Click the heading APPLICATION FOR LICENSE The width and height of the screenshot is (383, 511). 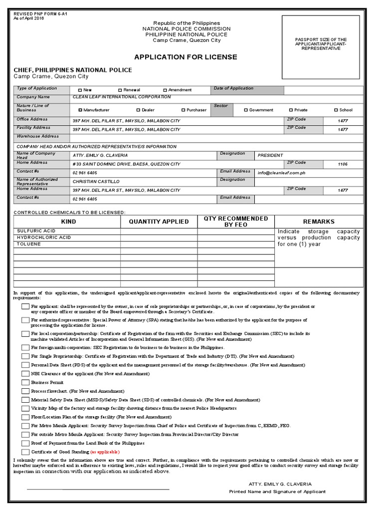tap(186, 57)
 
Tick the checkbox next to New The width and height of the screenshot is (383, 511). tap(80, 90)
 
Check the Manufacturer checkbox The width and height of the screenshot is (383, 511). tap(80, 110)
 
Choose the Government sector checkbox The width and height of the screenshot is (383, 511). tap(246, 110)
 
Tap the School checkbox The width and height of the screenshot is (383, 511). tap(336, 110)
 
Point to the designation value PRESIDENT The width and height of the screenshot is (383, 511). tap(270, 155)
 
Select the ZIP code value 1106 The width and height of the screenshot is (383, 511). tap(343, 164)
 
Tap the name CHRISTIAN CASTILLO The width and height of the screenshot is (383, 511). tap(96, 182)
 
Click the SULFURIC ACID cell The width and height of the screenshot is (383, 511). tap(36, 231)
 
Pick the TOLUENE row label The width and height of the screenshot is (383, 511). tap(29, 245)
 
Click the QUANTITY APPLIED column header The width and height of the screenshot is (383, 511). tap(159, 222)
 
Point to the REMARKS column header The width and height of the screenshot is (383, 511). tap(319, 222)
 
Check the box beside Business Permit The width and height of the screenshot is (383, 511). tap(25, 382)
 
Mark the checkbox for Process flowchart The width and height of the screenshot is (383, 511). tap(25, 391)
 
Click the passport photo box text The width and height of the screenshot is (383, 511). tap(321, 44)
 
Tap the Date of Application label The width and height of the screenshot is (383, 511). tap(233, 88)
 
